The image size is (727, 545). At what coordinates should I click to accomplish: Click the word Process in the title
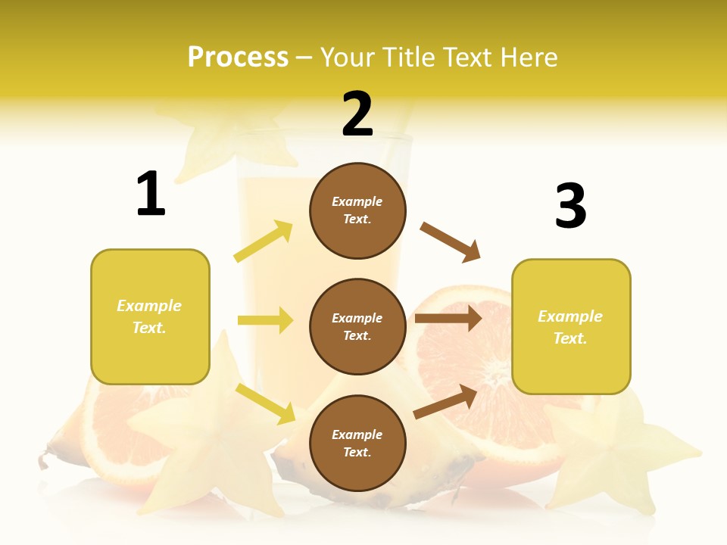tap(238, 58)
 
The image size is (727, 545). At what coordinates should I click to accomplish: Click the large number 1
tap(151, 195)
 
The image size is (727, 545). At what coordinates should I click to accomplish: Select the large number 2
tap(357, 114)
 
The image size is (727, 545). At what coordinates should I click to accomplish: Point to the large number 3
tap(570, 206)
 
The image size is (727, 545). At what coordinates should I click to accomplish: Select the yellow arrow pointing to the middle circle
tap(265, 320)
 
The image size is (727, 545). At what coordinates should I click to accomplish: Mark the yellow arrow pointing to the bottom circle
tap(266, 403)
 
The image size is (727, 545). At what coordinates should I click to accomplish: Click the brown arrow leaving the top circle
tap(451, 241)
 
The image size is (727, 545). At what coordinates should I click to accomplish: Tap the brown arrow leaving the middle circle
tap(448, 318)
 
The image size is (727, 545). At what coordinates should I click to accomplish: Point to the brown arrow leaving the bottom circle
tap(445, 401)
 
